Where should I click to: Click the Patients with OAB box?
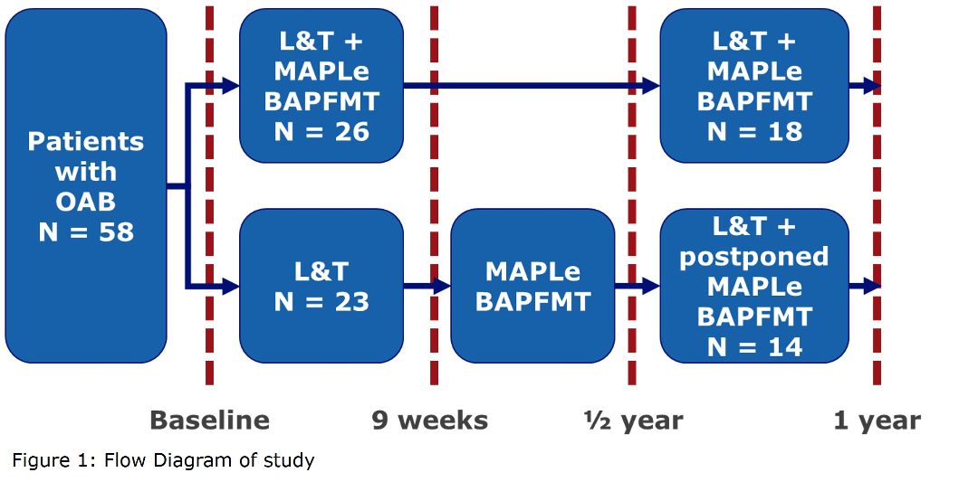(86, 185)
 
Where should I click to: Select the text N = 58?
(86, 232)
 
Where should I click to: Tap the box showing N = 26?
(321, 85)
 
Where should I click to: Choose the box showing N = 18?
(754, 85)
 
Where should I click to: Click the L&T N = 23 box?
(321, 286)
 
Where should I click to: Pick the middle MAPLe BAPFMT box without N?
(532, 286)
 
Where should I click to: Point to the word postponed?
(754, 257)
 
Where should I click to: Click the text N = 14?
(754, 347)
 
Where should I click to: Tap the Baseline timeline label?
(209, 421)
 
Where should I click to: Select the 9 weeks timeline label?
(430, 421)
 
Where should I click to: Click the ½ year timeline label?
(633, 421)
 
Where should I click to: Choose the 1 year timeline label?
(877, 421)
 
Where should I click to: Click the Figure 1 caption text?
(163, 461)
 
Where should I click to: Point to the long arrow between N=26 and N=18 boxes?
(532, 86)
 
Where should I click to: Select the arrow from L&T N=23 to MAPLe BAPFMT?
(427, 287)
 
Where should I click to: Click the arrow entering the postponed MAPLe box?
(638, 287)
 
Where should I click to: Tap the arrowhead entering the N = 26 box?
(231, 86)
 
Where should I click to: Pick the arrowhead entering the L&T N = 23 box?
(231, 287)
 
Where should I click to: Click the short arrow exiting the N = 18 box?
(865, 86)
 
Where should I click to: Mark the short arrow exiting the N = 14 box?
(865, 287)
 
